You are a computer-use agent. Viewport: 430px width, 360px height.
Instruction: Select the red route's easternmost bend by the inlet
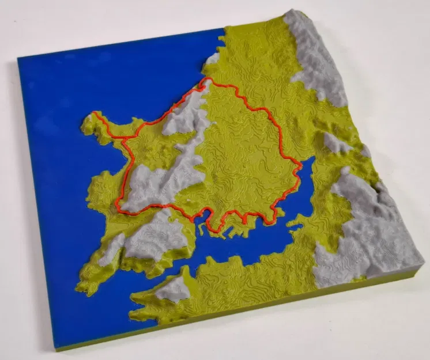coord(300,166)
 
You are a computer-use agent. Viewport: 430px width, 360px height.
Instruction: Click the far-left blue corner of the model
coord(18,58)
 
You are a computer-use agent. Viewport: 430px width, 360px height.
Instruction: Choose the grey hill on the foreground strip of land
coord(173,288)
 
